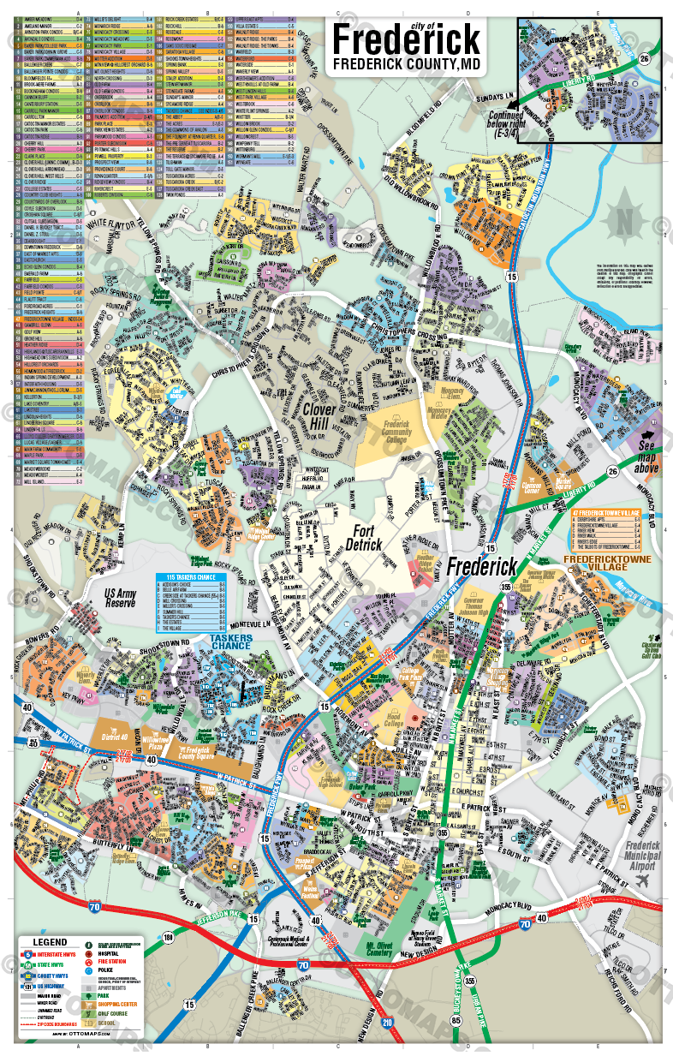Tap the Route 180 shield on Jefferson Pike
pyautogui.click(x=168, y=938)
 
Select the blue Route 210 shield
pyautogui.click(x=387, y=1022)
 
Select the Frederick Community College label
pyautogui.click(x=396, y=433)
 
